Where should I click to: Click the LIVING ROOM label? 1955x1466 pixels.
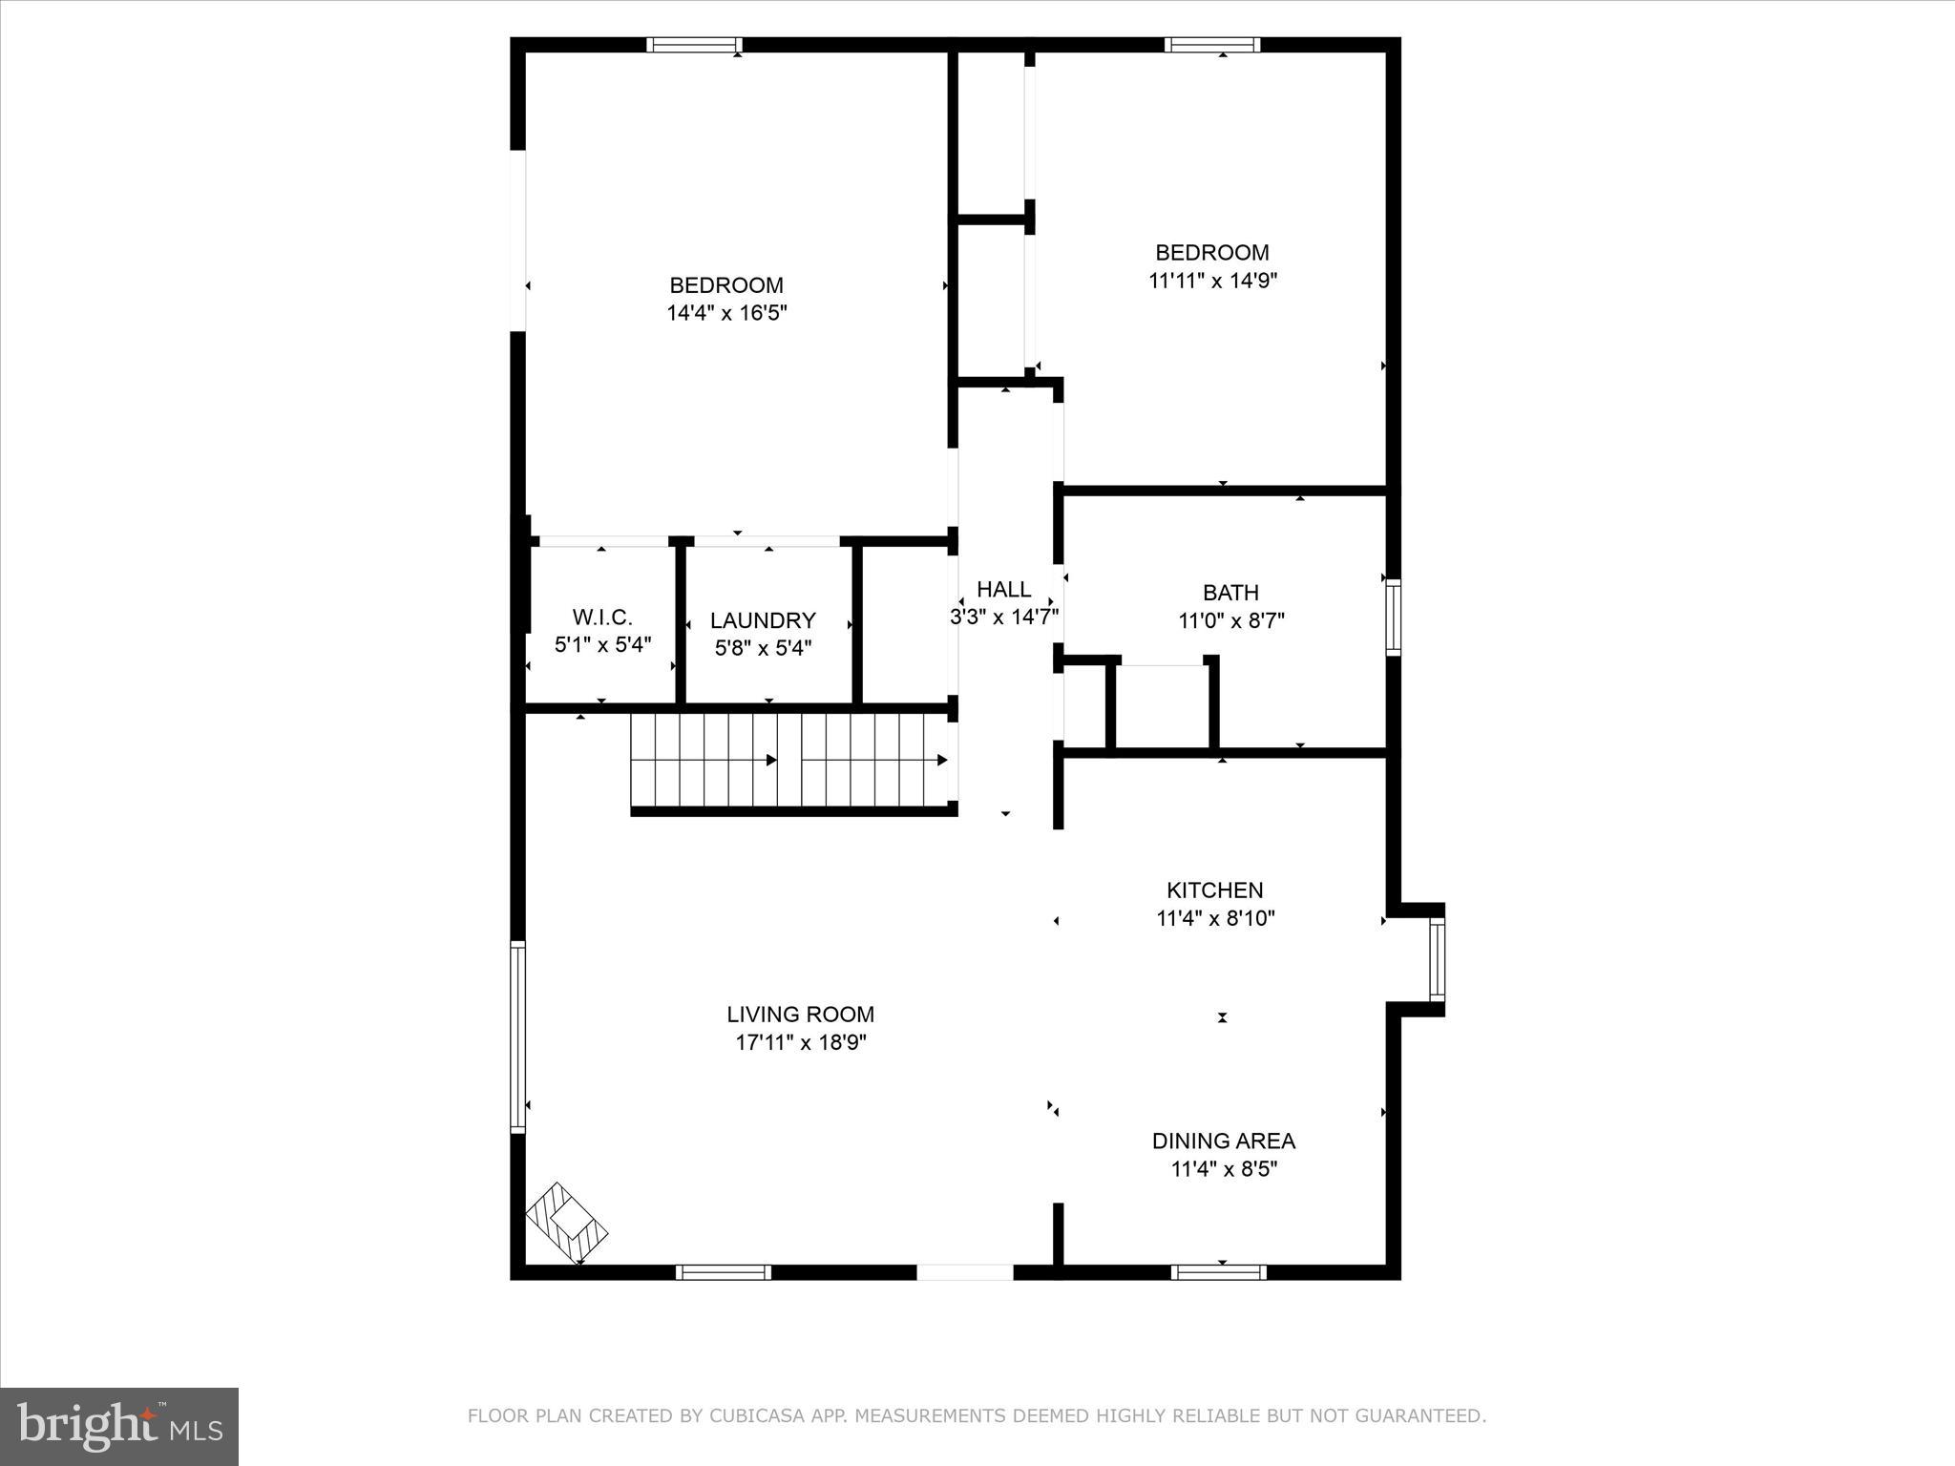(800, 1014)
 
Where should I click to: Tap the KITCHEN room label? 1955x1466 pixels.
(1214, 890)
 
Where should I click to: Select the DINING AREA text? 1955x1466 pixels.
(1223, 1141)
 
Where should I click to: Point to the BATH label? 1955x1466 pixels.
(1230, 592)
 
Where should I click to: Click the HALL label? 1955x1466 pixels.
(1003, 589)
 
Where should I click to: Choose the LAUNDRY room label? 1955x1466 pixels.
(763, 620)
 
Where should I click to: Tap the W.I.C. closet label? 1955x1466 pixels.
(602, 617)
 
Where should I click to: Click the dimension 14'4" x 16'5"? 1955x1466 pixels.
(726, 313)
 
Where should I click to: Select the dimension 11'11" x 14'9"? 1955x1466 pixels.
(1212, 281)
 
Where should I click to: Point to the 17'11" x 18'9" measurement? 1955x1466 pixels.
(800, 1042)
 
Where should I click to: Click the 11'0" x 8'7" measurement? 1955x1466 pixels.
(1230, 620)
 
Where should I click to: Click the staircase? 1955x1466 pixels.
(792, 761)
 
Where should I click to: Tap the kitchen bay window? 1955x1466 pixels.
(1436, 959)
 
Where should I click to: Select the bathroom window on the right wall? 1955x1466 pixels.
(1393, 617)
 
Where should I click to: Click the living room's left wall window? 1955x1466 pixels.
(518, 1036)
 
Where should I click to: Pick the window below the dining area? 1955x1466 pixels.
(1218, 1271)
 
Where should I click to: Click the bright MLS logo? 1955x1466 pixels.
(119, 1427)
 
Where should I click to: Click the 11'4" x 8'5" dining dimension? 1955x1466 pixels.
(1223, 1169)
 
